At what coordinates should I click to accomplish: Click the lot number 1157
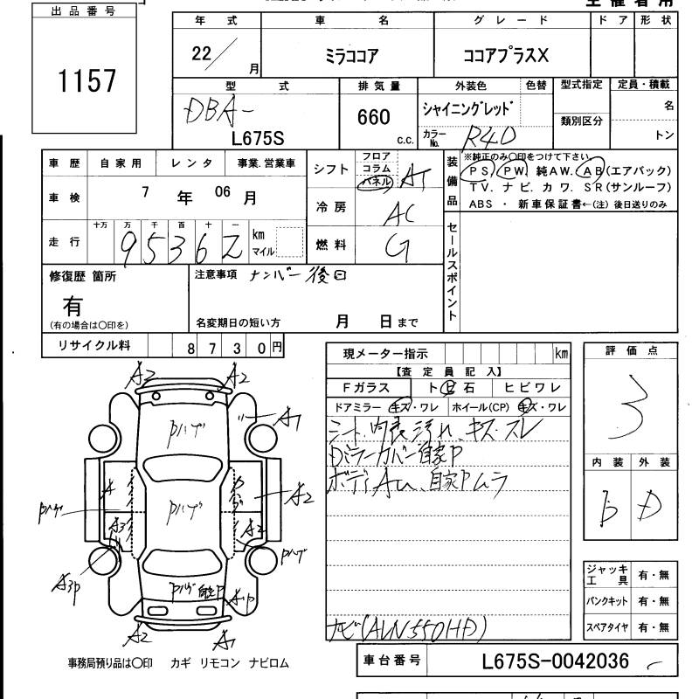(87, 80)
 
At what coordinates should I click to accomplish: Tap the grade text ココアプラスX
(506, 54)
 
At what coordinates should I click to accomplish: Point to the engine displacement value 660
(374, 118)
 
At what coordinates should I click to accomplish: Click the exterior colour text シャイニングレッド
(467, 110)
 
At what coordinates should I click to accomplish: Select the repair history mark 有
(73, 307)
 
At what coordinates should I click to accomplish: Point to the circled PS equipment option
(481, 171)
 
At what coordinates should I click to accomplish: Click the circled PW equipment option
(514, 171)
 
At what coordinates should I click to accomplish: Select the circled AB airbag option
(592, 171)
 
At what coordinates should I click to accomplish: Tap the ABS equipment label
(481, 204)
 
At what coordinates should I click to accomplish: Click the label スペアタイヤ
(607, 627)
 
